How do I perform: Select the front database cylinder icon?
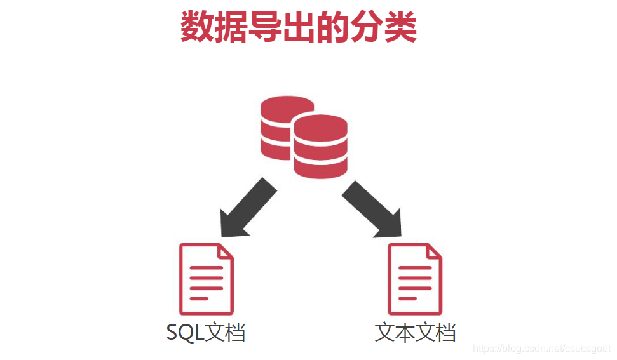click(x=320, y=146)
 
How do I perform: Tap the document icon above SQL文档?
click(x=207, y=279)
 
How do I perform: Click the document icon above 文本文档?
click(x=414, y=279)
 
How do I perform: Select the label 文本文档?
click(x=415, y=333)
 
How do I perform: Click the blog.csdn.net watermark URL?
click(x=543, y=349)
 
